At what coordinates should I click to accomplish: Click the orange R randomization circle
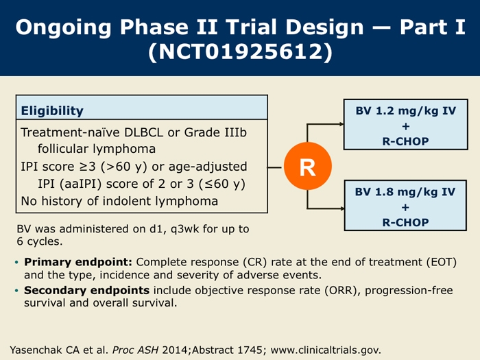point(308,166)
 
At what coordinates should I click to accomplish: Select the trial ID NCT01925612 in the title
point(240,51)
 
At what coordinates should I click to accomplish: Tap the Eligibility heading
point(52,111)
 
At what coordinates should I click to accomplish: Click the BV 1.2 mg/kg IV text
point(406,110)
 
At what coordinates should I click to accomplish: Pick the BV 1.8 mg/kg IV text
point(405,191)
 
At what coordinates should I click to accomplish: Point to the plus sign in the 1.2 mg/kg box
point(406,126)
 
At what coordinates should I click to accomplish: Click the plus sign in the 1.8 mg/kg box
point(405,207)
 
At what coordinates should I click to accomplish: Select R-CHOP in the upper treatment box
point(406,141)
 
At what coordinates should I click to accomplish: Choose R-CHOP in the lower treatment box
point(405,222)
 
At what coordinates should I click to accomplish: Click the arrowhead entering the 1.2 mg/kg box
point(341,124)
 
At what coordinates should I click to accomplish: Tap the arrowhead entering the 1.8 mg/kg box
point(342,208)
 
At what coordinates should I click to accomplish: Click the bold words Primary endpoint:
point(78,262)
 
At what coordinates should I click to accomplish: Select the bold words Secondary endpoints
point(86,290)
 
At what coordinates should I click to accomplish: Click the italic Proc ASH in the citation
point(135,350)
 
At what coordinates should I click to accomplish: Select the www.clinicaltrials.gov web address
point(326,350)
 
